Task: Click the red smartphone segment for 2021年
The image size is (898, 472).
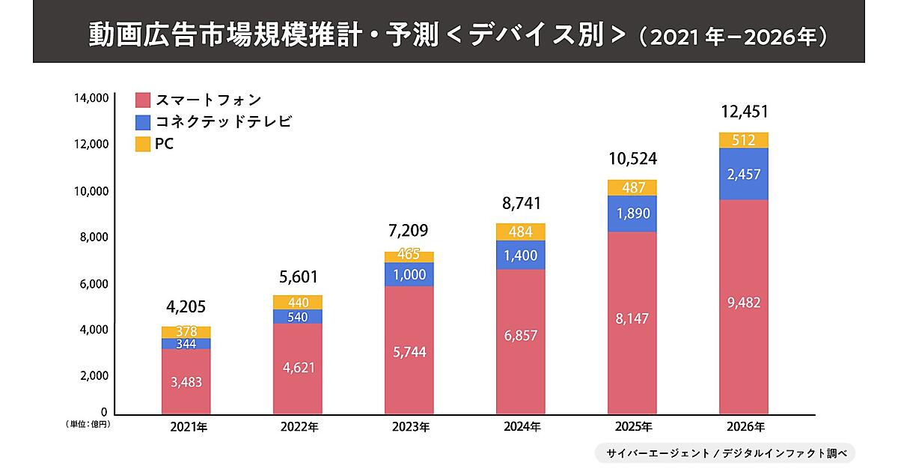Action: [186, 381]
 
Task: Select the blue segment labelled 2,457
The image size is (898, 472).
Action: [743, 174]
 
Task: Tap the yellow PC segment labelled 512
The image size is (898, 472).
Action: [743, 140]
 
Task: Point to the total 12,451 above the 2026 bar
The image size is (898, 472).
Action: [744, 112]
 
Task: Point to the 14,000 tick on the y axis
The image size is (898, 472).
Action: [91, 98]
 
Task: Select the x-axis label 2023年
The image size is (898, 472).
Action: [409, 428]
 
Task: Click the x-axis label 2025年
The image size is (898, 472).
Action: [632, 428]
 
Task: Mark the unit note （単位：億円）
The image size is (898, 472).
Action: [88, 424]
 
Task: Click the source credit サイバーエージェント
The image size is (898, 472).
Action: [659, 453]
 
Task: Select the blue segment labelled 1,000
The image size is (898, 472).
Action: [409, 275]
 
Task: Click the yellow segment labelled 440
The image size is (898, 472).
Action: [298, 302]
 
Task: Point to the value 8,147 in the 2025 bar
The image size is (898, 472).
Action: [632, 318]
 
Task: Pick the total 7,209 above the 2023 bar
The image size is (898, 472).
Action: [409, 230]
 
